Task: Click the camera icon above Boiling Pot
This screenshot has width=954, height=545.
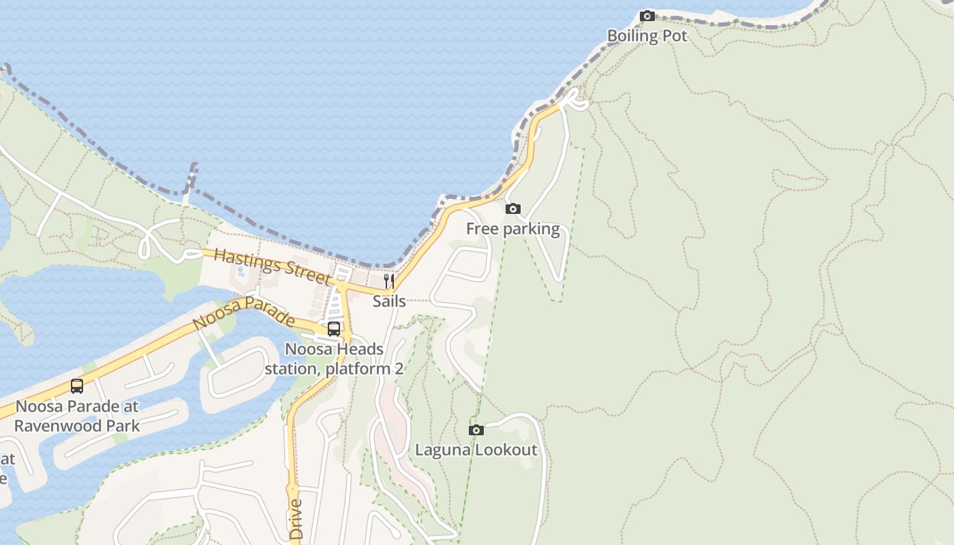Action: tap(647, 16)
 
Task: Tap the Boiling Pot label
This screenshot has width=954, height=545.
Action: tap(647, 36)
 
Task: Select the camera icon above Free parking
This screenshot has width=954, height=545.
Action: tap(513, 208)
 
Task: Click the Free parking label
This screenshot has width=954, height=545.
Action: tap(512, 229)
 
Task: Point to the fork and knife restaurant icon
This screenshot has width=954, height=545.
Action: tap(389, 281)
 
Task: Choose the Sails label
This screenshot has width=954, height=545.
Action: tap(389, 301)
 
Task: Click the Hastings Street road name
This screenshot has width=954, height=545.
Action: tap(272, 265)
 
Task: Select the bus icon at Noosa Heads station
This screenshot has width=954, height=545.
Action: tap(334, 329)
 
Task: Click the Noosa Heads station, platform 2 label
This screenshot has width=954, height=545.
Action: tap(334, 359)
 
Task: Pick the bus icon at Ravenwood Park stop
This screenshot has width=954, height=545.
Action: tap(77, 386)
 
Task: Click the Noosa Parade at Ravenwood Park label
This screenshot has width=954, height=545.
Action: tap(77, 416)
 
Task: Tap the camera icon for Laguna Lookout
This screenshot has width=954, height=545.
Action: tap(476, 430)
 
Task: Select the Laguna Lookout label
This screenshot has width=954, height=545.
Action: tap(476, 450)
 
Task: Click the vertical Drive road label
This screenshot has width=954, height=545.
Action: tap(296, 519)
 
